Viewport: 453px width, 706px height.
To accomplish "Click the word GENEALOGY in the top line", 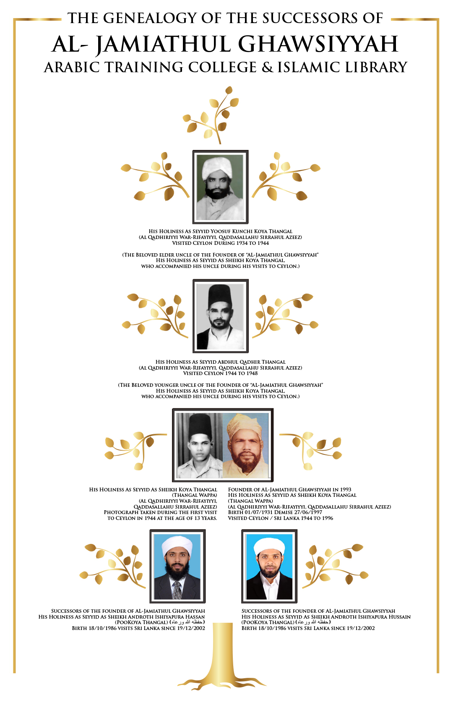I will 150,18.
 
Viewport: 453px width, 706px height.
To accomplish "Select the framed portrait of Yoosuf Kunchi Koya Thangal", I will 220,187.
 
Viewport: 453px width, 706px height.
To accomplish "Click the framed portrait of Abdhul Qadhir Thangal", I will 220,316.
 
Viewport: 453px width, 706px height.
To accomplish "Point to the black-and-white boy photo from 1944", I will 199,445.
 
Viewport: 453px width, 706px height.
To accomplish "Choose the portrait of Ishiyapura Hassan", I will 177,566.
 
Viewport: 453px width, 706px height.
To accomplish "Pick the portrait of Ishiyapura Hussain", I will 269,566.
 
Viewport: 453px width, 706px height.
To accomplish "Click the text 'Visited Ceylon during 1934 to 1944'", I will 220,243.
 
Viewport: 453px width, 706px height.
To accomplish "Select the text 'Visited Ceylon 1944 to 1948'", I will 220,373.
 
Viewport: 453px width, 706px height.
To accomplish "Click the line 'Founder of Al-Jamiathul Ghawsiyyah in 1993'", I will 289,490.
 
